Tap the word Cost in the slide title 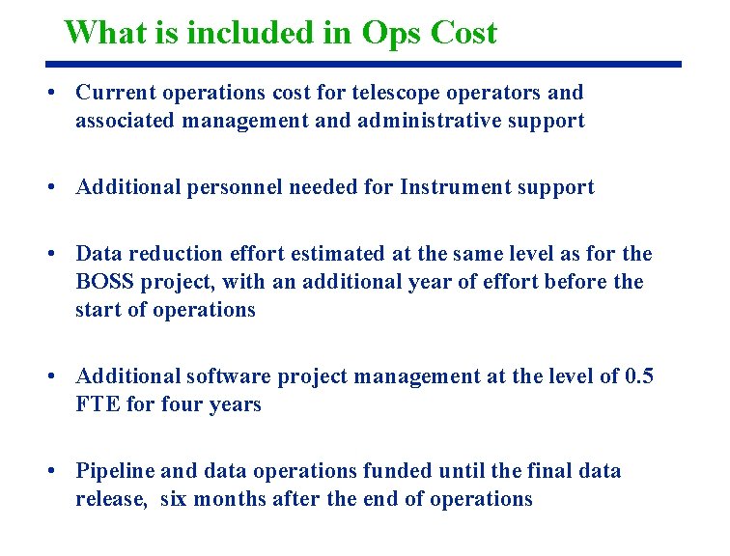pyautogui.click(x=464, y=33)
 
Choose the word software pyautogui.click(x=230, y=376)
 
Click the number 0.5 pyautogui.click(x=638, y=376)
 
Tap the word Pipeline pyautogui.click(x=115, y=471)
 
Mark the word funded pyautogui.click(x=398, y=471)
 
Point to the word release pyautogui.click(x=109, y=499)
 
